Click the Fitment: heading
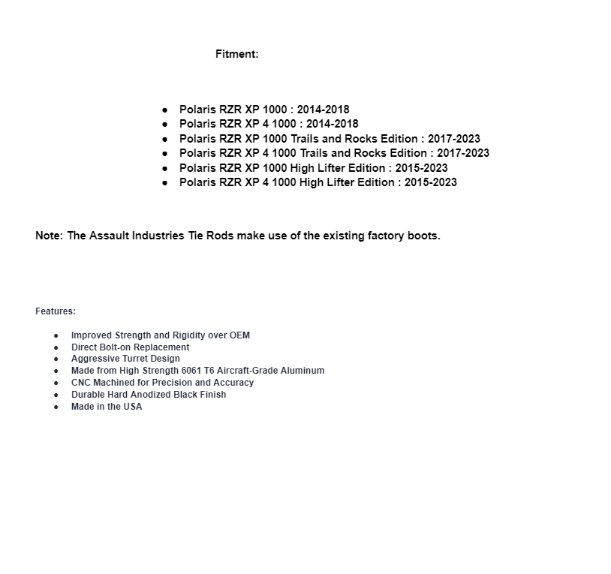[x=236, y=54]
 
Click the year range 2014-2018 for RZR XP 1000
[x=323, y=110]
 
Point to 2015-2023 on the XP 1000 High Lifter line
[x=421, y=168]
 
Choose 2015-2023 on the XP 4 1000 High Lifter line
[x=430, y=182]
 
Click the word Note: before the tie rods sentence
[x=49, y=236]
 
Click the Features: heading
[x=56, y=311]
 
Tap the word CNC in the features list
[x=81, y=383]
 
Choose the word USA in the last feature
[x=133, y=407]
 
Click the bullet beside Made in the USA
[x=56, y=407]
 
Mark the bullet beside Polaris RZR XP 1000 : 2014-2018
[x=164, y=110]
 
